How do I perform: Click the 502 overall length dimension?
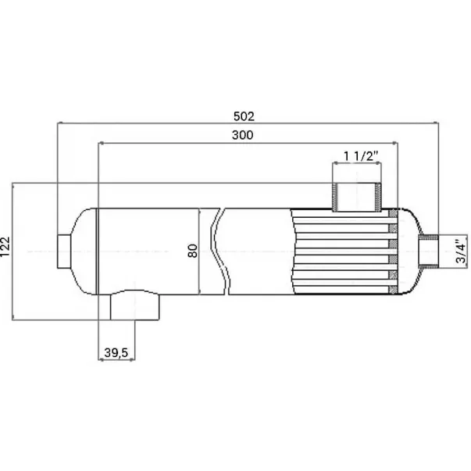click(244, 116)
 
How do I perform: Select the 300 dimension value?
click(242, 135)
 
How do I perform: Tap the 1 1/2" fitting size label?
click(361, 156)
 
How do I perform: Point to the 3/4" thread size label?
click(461, 251)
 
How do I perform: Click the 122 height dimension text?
click(5, 247)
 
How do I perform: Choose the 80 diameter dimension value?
click(193, 251)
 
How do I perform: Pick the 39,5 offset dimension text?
click(116, 352)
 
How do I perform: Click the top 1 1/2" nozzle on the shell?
click(357, 197)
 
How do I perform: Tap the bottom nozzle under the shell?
click(135, 305)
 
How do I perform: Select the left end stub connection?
click(64, 252)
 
